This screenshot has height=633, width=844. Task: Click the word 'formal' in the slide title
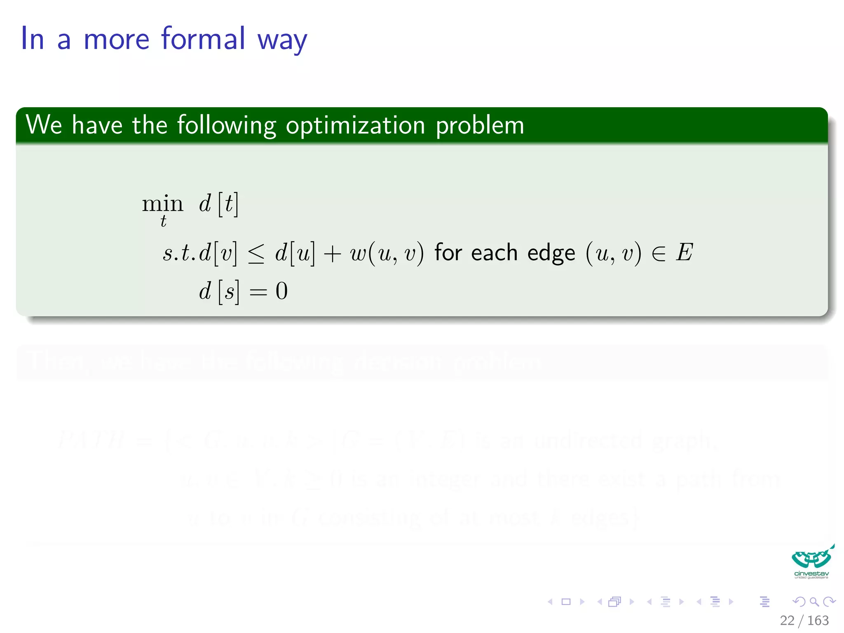click(203, 39)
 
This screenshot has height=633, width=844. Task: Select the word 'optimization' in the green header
click(355, 126)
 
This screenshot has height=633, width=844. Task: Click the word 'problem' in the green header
click(480, 126)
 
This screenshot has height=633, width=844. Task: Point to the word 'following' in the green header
click(226, 126)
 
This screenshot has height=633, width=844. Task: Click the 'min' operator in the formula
click(162, 204)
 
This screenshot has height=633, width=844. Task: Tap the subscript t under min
click(164, 221)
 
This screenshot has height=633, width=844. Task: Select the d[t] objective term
click(218, 204)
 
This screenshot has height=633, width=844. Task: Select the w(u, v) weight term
click(387, 253)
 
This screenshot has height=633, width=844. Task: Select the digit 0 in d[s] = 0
click(281, 291)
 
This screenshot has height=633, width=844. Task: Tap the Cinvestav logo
click(811, 562)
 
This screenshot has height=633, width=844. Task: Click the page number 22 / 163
click(804, 620)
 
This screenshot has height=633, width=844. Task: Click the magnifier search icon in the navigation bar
click(814, 602)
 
